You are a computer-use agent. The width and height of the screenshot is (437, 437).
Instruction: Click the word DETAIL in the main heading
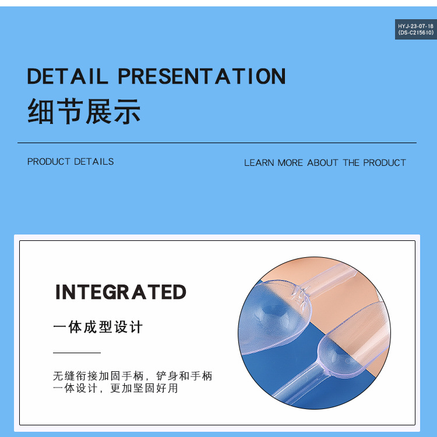point(67,76)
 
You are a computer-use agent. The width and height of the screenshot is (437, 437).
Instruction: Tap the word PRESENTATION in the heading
point(202,76)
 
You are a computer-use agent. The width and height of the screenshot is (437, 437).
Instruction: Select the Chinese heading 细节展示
point(84,111)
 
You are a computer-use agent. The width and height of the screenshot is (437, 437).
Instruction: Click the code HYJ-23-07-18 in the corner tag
point(415,26)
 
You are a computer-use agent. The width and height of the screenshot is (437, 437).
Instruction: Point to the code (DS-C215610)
point(415,33)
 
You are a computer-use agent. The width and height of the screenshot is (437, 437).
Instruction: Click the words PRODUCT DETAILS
point(71,162)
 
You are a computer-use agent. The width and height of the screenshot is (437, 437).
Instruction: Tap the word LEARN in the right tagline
point(259,163)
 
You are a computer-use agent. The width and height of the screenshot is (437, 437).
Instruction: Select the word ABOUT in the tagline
point(322,163)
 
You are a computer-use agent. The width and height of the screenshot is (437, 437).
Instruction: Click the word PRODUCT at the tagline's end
point(384,163)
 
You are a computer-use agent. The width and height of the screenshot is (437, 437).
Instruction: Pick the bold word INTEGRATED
point(121,292)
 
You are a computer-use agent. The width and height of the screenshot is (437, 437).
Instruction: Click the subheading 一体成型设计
point(98,327)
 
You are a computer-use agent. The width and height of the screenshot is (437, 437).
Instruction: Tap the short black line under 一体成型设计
point(77,353)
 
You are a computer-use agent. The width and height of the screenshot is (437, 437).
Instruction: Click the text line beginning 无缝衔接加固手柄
point(132,376)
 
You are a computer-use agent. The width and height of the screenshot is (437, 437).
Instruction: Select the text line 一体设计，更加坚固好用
point(115,388)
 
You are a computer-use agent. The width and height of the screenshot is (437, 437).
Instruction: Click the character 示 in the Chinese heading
point(127,111)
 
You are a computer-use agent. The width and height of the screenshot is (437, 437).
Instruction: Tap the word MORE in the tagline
point(290,163)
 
